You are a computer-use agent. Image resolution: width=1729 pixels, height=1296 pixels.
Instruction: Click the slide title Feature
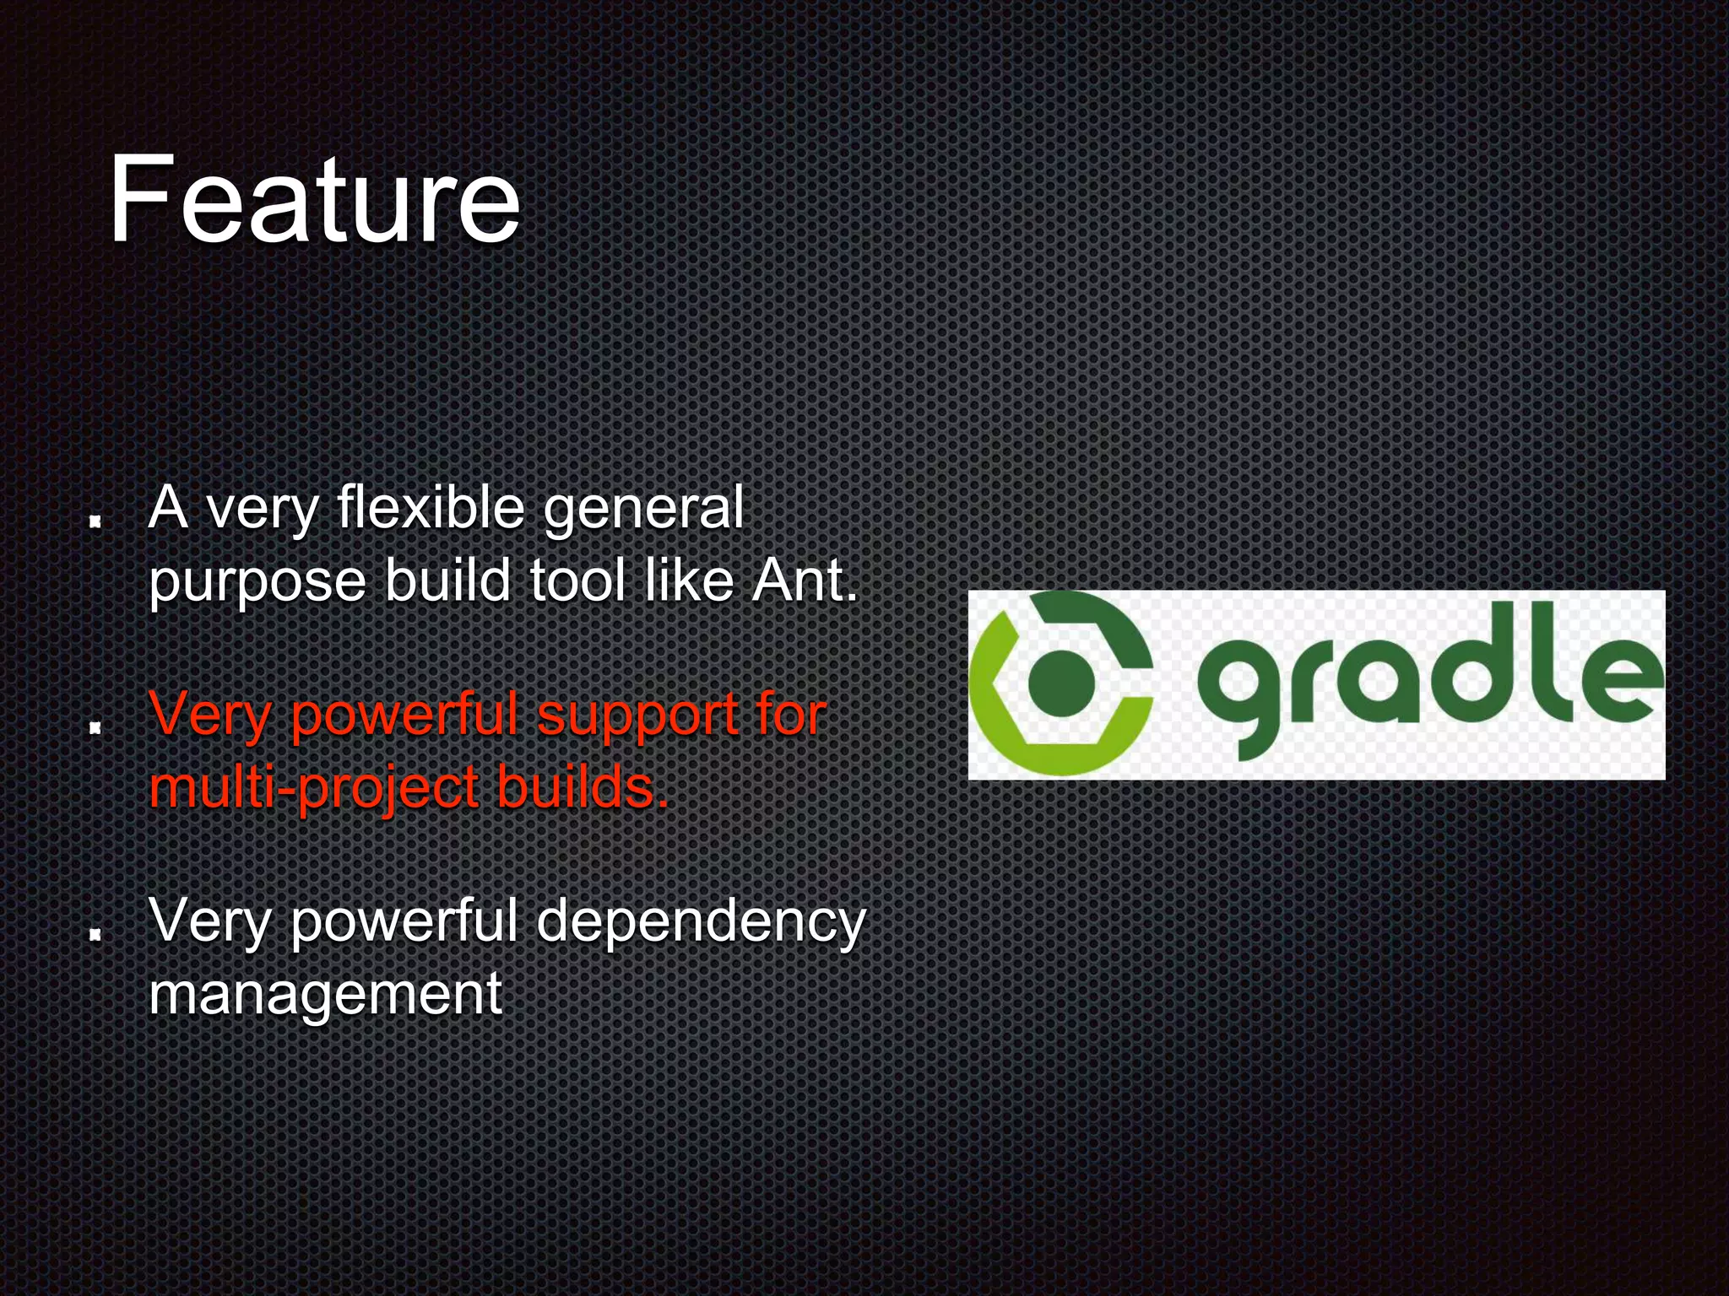tap(314, 200)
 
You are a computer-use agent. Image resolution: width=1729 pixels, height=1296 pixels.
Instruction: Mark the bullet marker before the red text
tap(96, 726)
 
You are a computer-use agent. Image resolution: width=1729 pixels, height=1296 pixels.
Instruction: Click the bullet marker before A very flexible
tap(96, 521)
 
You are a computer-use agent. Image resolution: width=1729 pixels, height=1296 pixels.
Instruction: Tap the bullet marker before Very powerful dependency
tap(96, 933)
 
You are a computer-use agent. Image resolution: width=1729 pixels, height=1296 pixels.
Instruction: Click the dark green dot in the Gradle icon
tap(1061, 683)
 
